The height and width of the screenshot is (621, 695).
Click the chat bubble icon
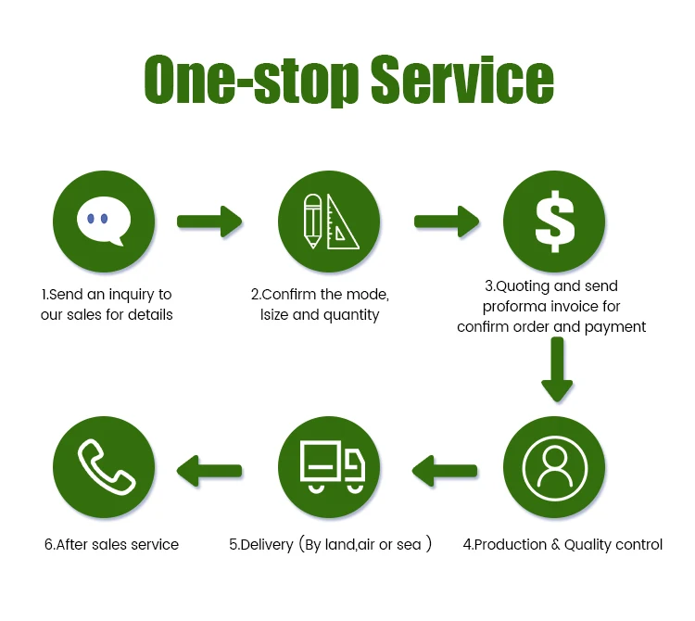105,222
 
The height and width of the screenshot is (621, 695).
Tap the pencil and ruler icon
329,222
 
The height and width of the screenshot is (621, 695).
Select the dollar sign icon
554,222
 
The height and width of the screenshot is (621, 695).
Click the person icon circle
554,462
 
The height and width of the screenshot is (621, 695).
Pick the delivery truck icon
329,462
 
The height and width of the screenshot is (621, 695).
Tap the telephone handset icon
105,462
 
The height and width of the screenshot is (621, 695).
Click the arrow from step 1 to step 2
209,222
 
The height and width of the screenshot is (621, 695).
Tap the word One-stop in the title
250,81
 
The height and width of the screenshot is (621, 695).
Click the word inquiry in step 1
126,295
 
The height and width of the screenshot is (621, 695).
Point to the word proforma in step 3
515,306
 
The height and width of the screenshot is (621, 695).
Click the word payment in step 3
615,326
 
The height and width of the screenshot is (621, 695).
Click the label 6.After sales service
111,545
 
